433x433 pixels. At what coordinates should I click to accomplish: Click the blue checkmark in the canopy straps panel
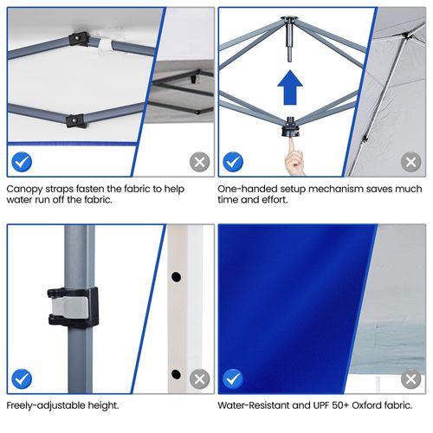[22, 161]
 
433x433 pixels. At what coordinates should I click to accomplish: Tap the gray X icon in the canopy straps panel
[200, 161]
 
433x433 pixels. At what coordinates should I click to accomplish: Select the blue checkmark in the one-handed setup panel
[233, 161]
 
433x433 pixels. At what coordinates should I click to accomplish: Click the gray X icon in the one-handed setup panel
[410, 161]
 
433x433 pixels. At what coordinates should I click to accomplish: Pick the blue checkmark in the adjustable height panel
[22, 378]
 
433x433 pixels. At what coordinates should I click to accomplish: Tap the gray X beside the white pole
[200, 378]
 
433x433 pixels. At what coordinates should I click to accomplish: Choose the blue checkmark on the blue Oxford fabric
[233, 378]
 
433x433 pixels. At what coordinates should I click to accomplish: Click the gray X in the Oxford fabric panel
[410, 378]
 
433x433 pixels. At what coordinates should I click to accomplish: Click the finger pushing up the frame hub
[295, 159]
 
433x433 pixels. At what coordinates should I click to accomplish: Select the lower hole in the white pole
[176, 374]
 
